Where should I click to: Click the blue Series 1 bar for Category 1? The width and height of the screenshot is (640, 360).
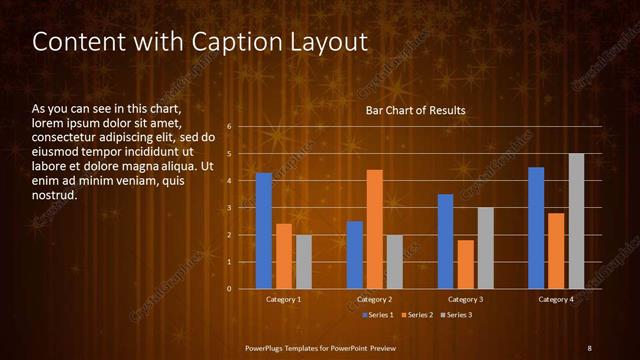(264, 231)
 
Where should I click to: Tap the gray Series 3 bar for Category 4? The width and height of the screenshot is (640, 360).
(576, 221)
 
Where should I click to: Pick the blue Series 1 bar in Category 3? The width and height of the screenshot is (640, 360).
(445, 241)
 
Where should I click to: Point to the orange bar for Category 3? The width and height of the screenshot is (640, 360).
(465, 264)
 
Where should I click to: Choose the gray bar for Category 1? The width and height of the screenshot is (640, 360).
(303, 262)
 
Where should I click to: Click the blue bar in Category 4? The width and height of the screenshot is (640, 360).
(536, 228)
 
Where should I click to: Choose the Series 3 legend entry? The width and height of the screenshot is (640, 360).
(457, 315)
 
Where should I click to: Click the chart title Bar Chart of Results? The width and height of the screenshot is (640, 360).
(414, 111)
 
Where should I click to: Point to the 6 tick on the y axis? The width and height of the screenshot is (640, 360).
(230, 127)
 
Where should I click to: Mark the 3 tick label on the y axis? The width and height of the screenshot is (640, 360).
(230, 208)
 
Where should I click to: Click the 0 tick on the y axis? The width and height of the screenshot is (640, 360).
(230, 289)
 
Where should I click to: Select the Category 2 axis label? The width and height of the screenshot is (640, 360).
(374, 300)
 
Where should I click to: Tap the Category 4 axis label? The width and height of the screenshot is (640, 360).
(555, 300)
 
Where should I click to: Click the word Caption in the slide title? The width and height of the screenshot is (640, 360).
(224, 42)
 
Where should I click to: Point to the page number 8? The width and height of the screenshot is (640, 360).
(589, 347)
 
